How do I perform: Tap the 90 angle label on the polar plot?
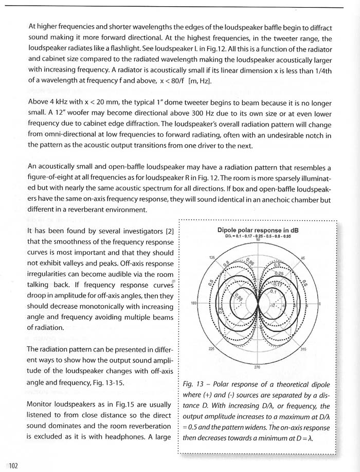click(258, 240)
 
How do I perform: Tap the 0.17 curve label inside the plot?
click(276, 284)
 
